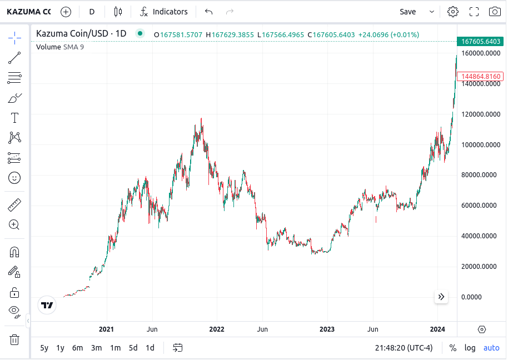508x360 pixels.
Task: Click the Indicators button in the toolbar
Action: click(164, 12)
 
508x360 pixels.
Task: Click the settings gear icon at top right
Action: click(453, 12)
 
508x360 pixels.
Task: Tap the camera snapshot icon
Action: click(494, 12)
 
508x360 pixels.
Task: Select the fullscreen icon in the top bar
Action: click(474, 12)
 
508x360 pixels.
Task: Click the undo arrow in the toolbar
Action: click(208, 12)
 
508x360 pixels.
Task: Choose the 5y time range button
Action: click(44, 348)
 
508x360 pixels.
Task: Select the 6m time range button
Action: click(77, 348)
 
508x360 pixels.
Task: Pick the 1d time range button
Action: click(150, 348)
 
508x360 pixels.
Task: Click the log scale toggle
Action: click(470, 348)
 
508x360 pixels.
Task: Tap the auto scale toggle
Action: click(491, 348)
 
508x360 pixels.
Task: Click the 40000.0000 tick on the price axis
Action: click(480, 236)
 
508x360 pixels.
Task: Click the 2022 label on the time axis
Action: click(217, 329)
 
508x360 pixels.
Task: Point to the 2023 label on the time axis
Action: click(327, 329)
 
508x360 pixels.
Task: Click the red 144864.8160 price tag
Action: click(479, 76)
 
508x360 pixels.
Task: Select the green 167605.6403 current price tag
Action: click(479, 41)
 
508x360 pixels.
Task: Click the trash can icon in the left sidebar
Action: click(14, 339)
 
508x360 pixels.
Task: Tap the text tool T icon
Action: click(14, 118)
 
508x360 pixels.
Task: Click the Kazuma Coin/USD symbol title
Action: click(81, 34)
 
